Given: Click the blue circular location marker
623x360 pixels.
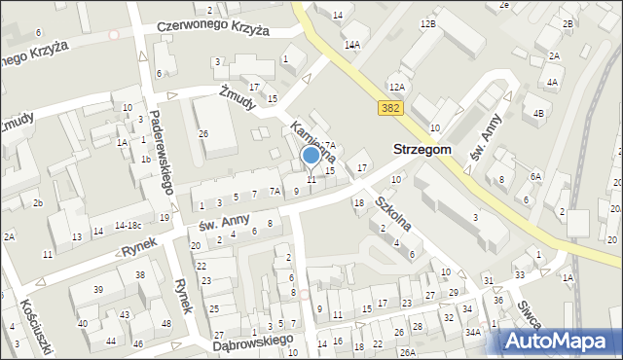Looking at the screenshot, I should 311,155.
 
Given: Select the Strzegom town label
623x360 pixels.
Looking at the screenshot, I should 421,149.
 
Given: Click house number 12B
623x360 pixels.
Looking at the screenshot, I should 428,22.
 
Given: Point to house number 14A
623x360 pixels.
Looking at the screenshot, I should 351,45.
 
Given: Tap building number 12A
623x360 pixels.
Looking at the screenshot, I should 396,87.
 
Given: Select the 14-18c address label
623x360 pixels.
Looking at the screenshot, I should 129,225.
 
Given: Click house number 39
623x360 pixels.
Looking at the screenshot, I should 99,290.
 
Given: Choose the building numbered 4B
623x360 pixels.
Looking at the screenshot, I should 538,112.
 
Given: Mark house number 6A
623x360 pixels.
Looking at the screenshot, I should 534,176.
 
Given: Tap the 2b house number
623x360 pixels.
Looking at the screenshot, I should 38,202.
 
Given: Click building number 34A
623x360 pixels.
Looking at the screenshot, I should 473,333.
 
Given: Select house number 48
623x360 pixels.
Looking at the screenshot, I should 166,323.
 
